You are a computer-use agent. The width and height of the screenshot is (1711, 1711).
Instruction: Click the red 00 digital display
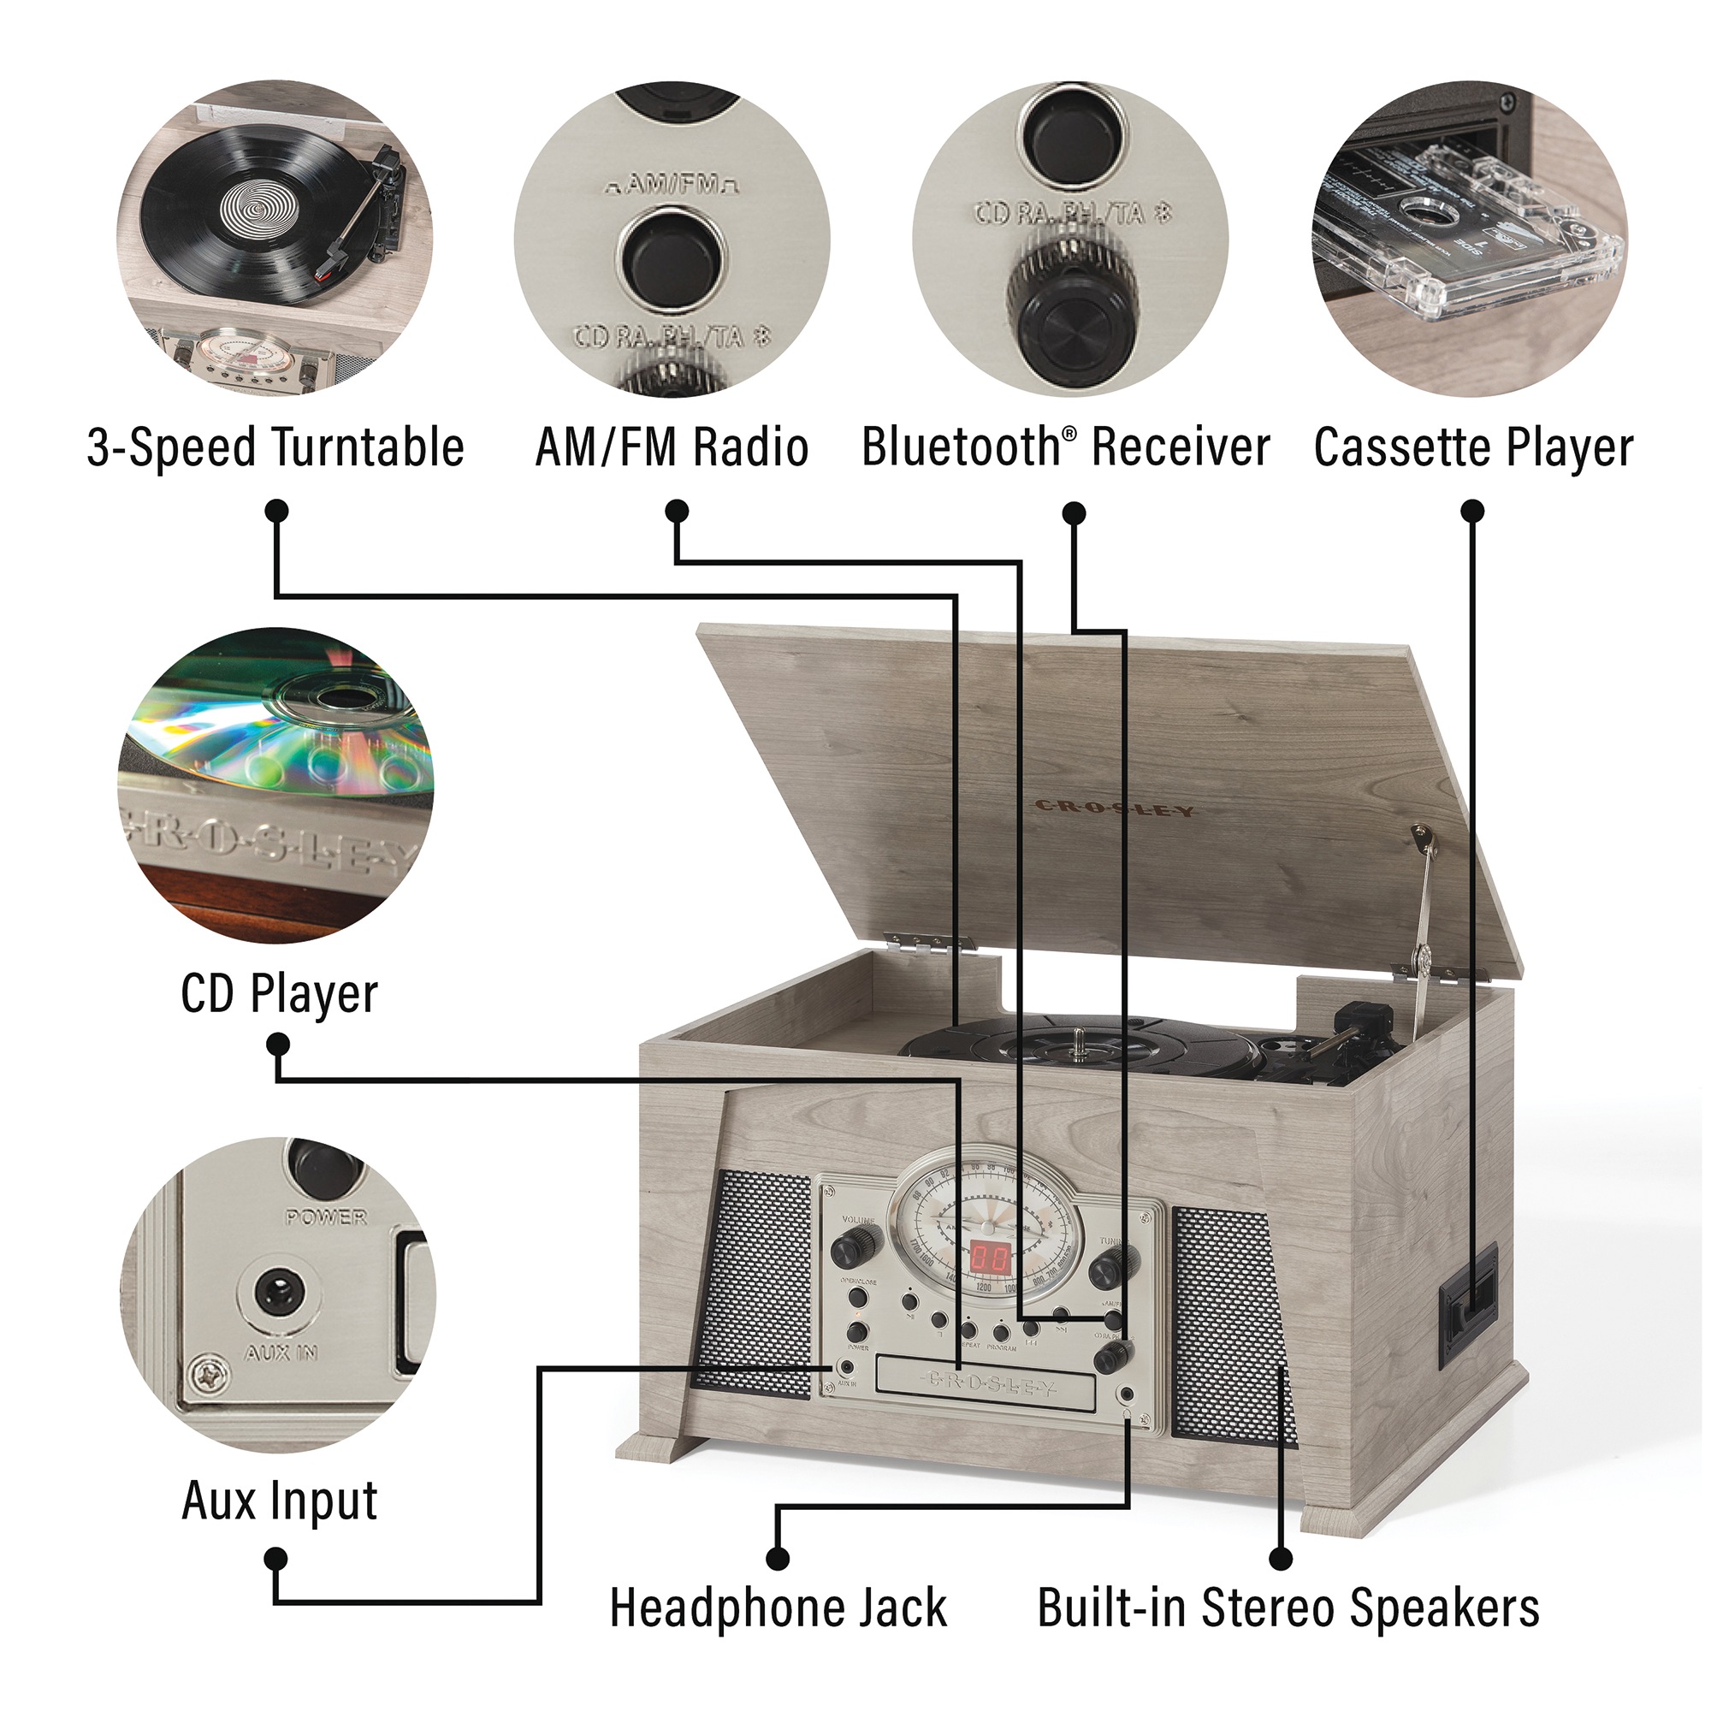(x=989, y=1258)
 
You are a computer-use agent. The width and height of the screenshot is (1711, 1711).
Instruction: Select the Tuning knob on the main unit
(x=1105, y=1270)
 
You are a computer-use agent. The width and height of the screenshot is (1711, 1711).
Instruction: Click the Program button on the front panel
(x=1001, y=1332)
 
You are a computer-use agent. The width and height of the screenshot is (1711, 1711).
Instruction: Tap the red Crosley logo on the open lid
(x=1114, y=808)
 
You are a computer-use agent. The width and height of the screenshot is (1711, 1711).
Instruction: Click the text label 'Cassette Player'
(x=1473, y=448)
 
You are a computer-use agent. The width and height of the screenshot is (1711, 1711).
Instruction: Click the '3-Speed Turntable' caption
(x=275, y=448)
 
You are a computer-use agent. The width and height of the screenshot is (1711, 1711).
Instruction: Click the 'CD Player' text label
(x=279, y=995)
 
